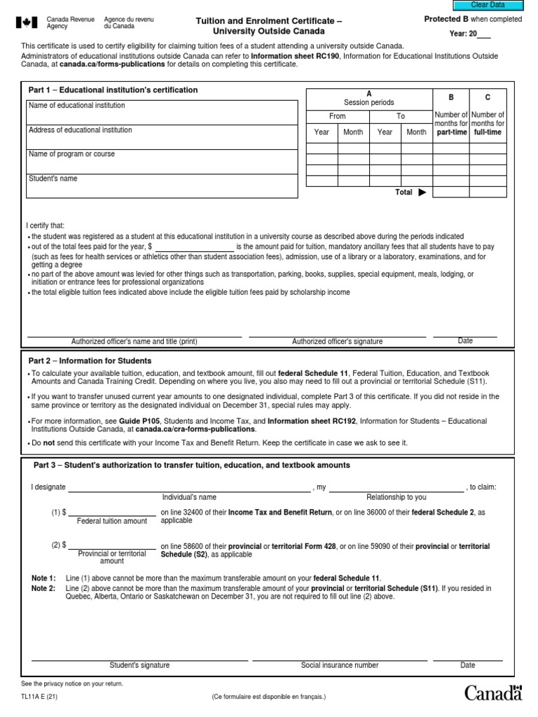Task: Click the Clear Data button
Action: tap(488, 5)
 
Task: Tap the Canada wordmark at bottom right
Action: tap(493, 693)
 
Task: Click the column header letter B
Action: tap(450, 98)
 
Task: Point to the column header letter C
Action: tap(488, 98)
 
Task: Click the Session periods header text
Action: tap(369, 102)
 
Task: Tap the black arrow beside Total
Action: tap(422, 193)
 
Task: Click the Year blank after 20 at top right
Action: tap(483, 34)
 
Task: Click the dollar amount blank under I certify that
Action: tap(194, 247)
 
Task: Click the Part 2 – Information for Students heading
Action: tap(90, 361)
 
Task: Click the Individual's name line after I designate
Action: tap(189, 487)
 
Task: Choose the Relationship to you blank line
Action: tap(396, 487)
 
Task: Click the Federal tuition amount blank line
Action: tap(112, 513)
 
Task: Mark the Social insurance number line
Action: tap(340, 659)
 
